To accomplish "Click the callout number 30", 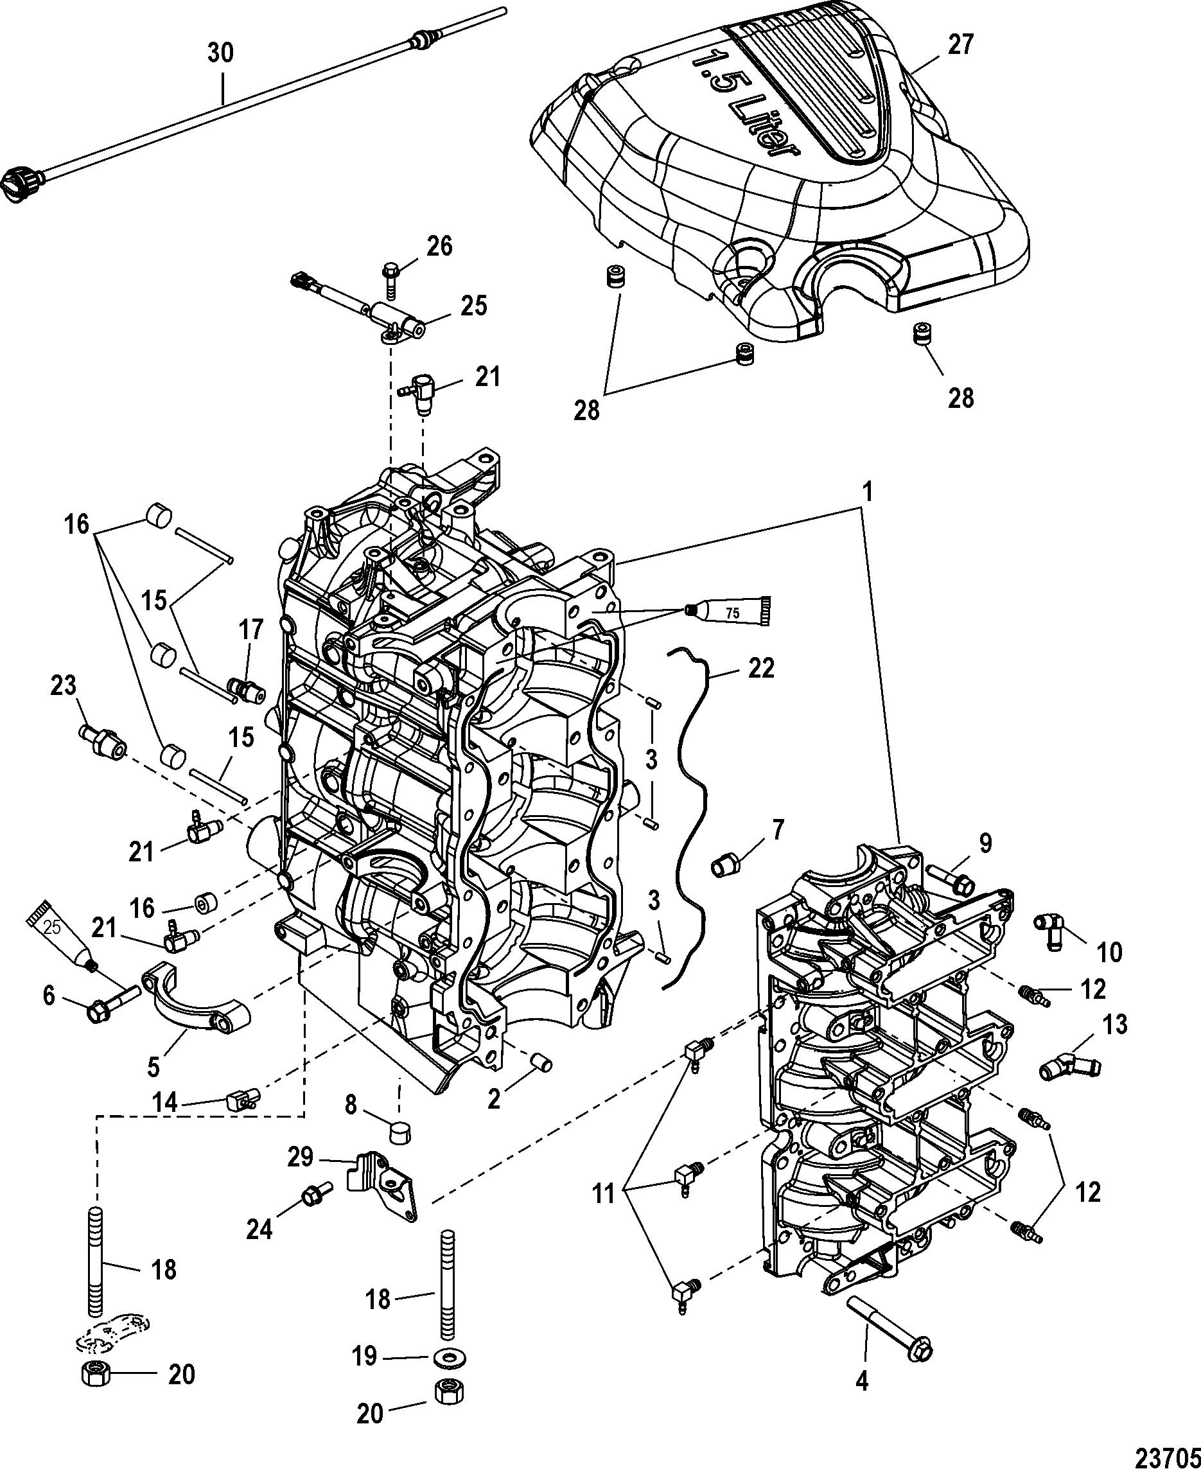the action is click(222, 53).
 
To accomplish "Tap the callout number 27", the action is click(960, 44).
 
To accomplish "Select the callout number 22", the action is click(761, 668).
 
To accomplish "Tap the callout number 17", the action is click(252, 629).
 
